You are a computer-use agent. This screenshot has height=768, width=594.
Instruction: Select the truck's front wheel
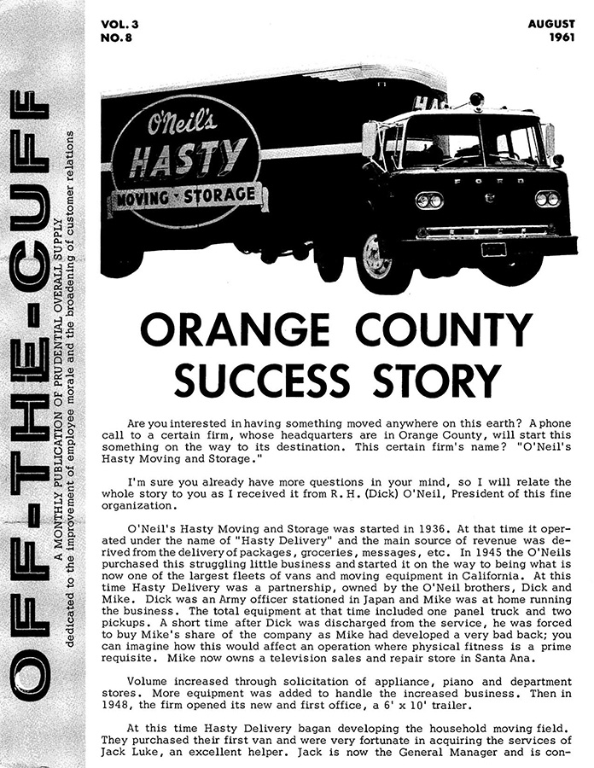(x=374, y=255)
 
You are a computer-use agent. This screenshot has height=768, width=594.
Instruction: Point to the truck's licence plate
(x=493, y=249)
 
